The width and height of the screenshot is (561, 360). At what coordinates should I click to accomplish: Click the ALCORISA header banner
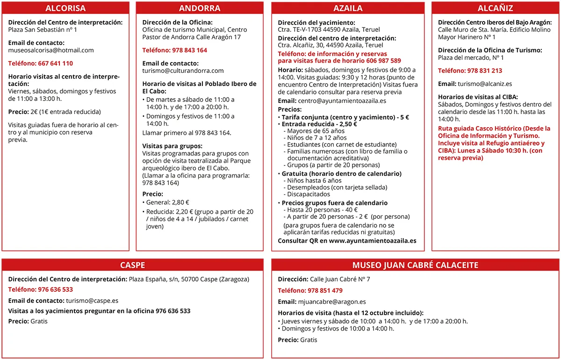click(65, 8)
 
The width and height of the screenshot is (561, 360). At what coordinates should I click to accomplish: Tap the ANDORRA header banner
click(200, 8)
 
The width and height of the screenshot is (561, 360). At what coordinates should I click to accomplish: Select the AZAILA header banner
click(348, 8)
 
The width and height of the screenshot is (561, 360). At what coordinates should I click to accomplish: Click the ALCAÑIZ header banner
click(496, 8)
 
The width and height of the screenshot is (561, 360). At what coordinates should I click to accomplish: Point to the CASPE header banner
click(132, 265)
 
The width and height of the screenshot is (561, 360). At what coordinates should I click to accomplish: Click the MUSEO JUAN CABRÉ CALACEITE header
click(415, 265)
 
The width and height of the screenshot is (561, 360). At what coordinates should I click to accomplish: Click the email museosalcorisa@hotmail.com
click(51, 50)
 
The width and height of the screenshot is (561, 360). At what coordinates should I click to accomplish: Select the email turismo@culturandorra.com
click(183, 71)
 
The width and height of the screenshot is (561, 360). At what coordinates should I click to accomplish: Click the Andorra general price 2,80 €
click(181, 202)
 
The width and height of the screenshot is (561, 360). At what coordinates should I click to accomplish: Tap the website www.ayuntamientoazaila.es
click(372, 241)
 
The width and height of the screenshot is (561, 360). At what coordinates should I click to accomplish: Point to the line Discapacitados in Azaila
click(309, 194)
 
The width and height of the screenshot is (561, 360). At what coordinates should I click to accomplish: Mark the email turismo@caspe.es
click(92, 301)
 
